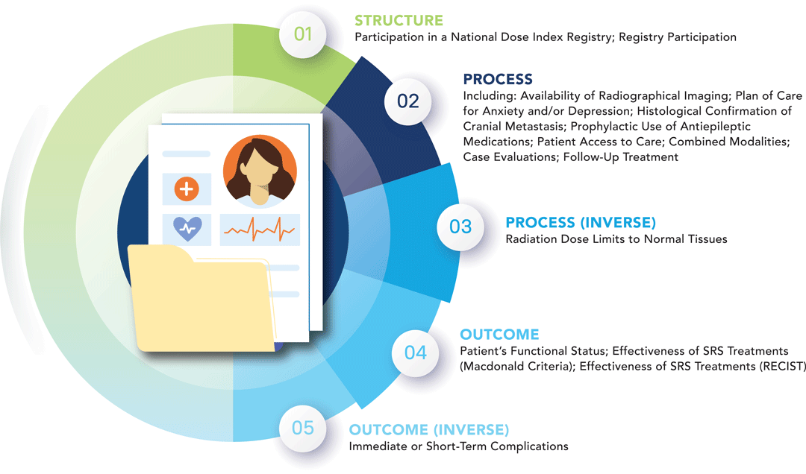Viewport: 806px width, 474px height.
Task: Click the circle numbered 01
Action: click(x=302, y=34)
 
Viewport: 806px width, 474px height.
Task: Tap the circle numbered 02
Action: click(x=408, y=101)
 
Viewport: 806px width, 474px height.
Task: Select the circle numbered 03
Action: click(x=460, y=226)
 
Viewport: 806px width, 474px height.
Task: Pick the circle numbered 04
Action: click(x=416, y=351)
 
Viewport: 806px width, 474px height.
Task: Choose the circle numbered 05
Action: click(x=302, y=428)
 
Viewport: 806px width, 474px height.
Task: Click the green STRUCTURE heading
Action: click(x=399, y=20)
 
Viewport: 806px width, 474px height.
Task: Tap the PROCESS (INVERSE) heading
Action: click(x=581, y=223)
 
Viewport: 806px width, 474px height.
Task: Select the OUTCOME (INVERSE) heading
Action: click(x=429, y=430)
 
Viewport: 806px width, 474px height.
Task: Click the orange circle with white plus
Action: click(x=187, y=190)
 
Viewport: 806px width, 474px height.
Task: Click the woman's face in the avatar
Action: click(x=260, y=170)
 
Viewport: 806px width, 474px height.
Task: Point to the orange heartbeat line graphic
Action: click(x=260, y=230)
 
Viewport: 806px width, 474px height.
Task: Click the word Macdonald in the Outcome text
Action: click(x=496, y=366)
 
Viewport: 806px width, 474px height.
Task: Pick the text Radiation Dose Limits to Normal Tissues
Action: click(x=616, y=239)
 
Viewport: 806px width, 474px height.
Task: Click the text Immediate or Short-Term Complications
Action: click(x=458, y=446)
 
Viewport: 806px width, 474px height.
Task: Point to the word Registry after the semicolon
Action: click(x=646, y=37)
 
